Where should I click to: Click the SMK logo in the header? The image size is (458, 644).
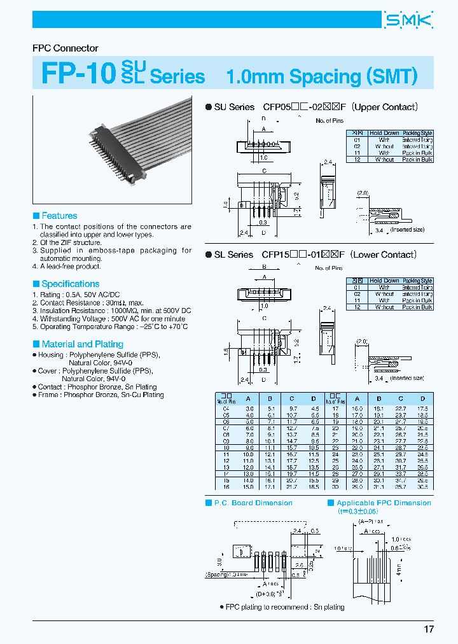point(408,20)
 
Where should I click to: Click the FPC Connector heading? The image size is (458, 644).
point(66,48)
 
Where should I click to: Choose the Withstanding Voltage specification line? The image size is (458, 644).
point(109,318)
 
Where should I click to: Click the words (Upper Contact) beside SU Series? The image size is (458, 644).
point(385,108)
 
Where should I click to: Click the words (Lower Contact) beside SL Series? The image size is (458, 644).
point(384,255)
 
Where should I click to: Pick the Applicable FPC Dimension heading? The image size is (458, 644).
point(383,503)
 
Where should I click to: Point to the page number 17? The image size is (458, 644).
point(429,629)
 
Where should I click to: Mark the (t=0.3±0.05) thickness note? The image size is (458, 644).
point(361,511)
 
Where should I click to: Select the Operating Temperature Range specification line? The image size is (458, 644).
point(109,326)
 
